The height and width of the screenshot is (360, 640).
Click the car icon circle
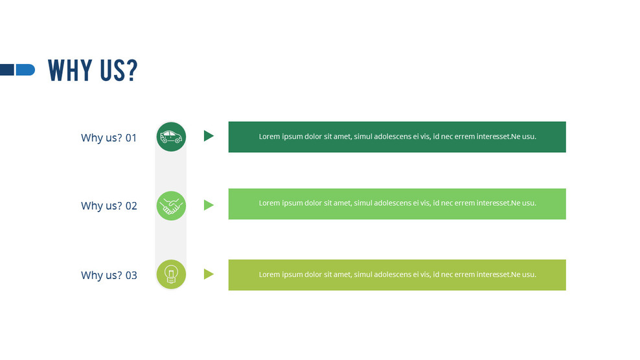(171, 137)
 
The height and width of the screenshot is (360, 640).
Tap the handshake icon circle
(171, 206)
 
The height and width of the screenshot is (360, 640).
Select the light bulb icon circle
(171, 274)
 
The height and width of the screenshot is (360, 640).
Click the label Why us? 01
(109, 138)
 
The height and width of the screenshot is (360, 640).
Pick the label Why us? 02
(109, 206)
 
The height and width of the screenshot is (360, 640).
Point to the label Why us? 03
(109, 275)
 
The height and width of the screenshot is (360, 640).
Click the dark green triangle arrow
(208, 136)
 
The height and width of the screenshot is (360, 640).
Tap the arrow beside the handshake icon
(208, 205)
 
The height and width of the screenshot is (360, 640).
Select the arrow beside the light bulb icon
(208, 274)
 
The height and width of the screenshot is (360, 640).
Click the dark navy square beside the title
(6, 69)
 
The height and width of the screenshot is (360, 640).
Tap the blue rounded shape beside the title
(25, 69)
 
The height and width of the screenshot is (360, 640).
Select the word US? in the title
(119, 71)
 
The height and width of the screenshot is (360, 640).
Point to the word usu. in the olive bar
(529, 275)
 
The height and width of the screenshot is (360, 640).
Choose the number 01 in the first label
(131, 138)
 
